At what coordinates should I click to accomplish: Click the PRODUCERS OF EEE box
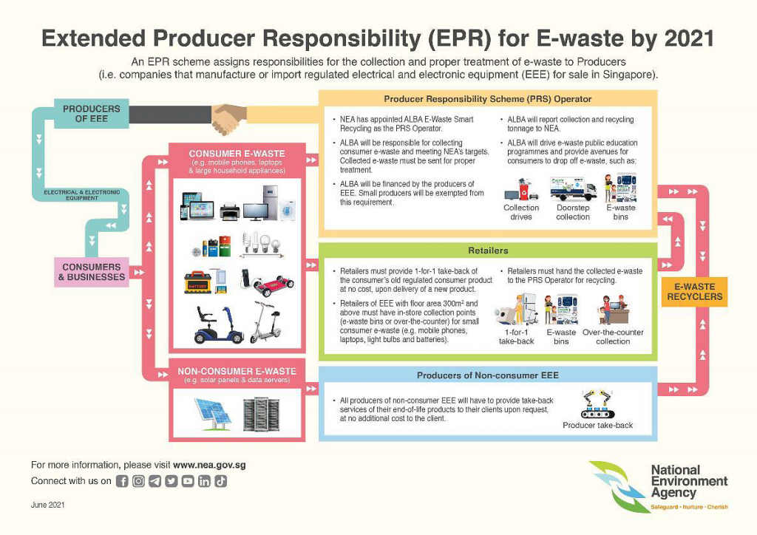click(92, 114)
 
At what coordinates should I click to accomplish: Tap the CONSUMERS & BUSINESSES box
click(92, 272)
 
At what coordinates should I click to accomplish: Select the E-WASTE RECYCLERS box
click(694, 291)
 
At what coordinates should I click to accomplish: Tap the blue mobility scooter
click(214, 325)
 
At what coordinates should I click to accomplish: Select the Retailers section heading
click(488, 251)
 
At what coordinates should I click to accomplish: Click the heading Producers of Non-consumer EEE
click(488, 375)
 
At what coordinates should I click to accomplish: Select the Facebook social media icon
click(123, 481)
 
